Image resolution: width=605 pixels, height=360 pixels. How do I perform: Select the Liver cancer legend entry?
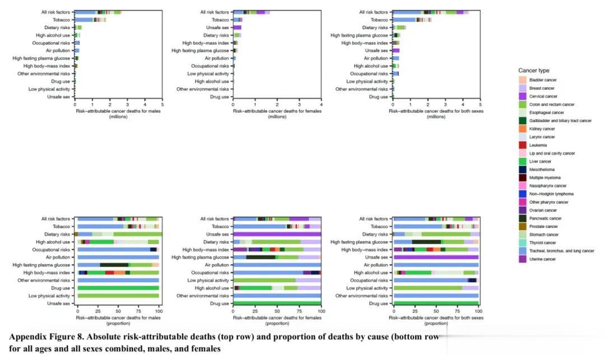[540, 161]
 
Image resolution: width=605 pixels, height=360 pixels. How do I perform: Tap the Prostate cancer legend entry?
[543, 226]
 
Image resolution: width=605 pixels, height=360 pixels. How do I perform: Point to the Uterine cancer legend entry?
[542, 259]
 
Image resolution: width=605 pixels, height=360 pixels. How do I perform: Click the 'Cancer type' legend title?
[533, 71]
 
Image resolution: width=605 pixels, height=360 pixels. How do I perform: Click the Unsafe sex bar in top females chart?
[238, 27]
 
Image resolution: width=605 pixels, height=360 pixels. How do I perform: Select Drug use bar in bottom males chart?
[118, 288]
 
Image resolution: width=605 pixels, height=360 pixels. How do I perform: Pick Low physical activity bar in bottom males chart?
[118, 296]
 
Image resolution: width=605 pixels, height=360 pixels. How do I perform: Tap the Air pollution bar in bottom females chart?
[277, 265]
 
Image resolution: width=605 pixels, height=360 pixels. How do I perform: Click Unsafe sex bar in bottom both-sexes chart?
[436, 257]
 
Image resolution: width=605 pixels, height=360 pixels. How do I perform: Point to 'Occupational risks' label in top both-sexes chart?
[369, 73]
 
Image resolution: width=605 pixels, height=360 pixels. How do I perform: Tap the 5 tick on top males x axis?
[162, 104]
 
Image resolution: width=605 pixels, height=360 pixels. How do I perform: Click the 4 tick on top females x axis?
[321, 104]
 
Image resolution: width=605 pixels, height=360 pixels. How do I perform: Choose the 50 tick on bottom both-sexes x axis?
[436, 311]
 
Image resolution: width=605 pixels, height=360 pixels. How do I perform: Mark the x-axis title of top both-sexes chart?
[436, 113]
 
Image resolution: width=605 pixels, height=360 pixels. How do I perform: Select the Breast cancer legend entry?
[542, 88]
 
